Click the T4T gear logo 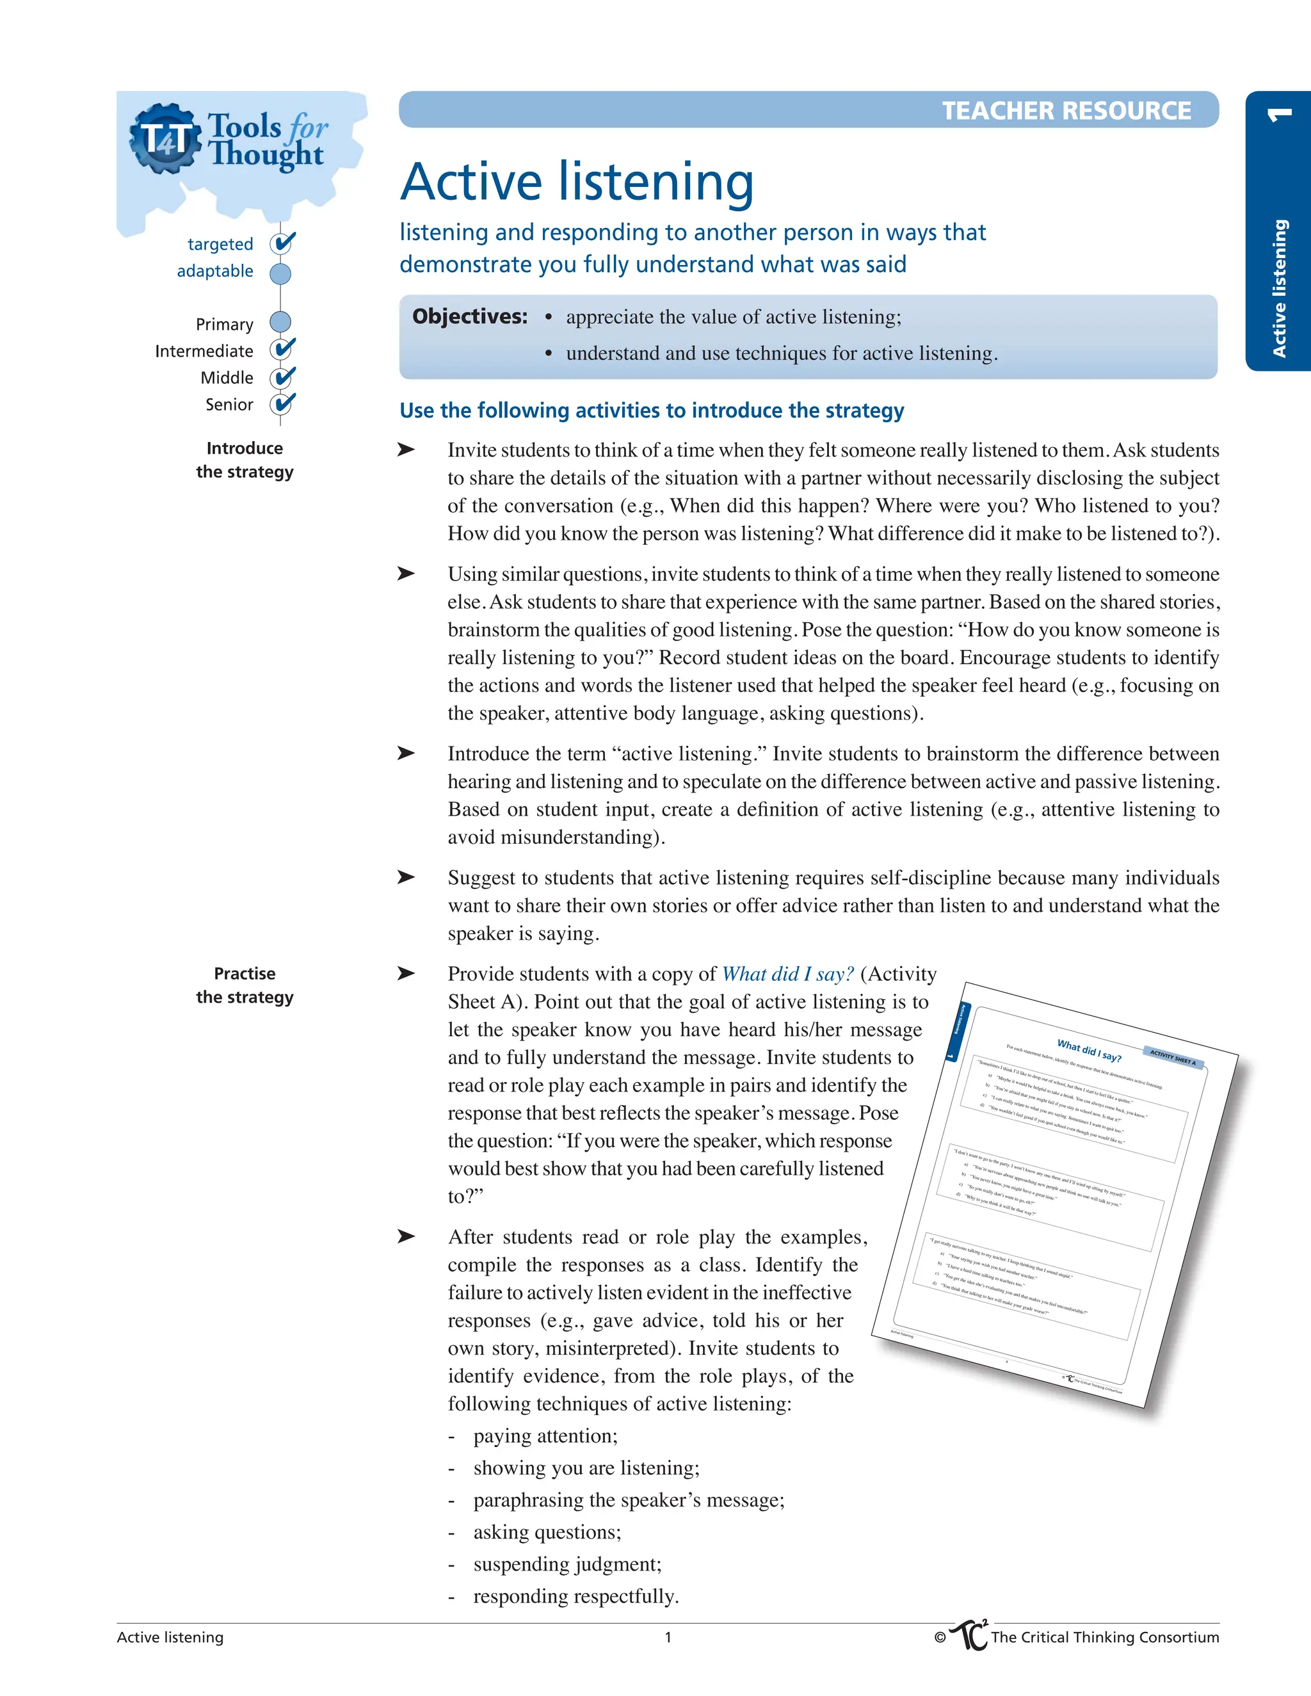pyautogui.click(x=164, y=138)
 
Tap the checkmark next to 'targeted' pyautogui.click(x=283, y=243)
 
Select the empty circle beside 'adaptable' pyautogui.click(x=280, y=273)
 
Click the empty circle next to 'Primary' pyautogui.click(x=280, y=322)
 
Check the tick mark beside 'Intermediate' pyautogui.click(x=283, y=349)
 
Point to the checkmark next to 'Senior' pyautogui.click(x=283, y=404)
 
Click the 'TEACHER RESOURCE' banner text pyautogui.click(x=1066, y=111)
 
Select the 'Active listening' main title pyautogui.click(x=577, y=182)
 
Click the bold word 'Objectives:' pyautogui.click(x=470, y=317)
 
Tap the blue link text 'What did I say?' pyautogui.click(x=787, y=974)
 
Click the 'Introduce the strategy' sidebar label pyautogui.click(x=245, y=460)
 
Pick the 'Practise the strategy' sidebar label pyautogui.click(x=245, y=985)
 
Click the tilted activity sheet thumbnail pyautogui.click(x=1056, y=1196)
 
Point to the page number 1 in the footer pyautogui.click(x=668, y=1637)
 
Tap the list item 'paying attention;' pyautogui.click(x=545, y=1436)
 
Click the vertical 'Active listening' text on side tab pyautogui.click(x=1278, y=287)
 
